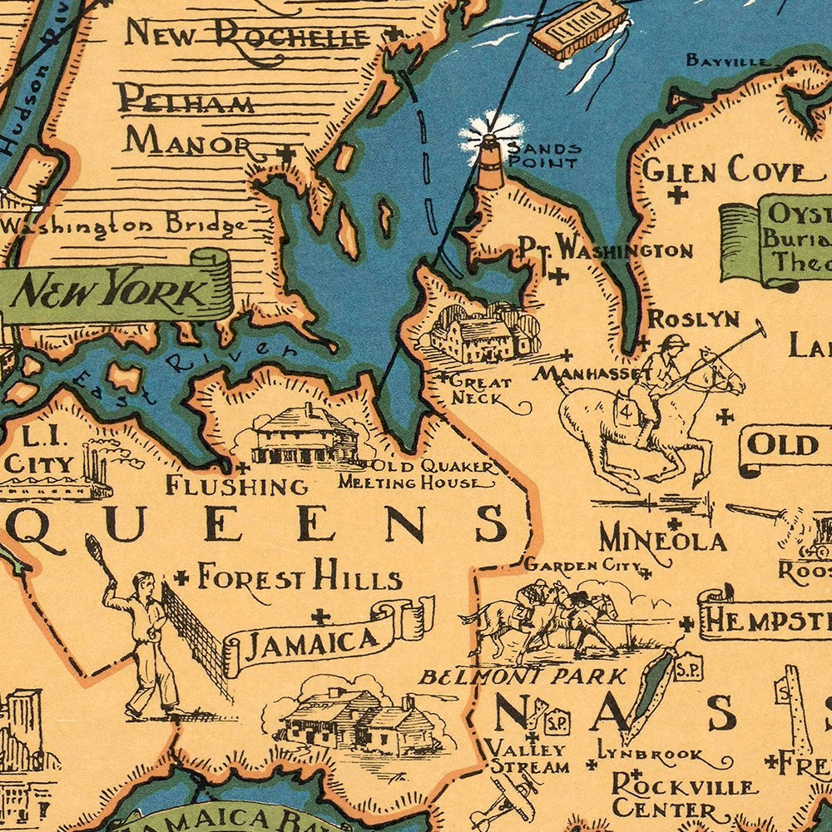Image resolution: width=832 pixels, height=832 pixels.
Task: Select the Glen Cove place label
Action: click(725, 171)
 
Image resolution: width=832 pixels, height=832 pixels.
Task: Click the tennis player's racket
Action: click(93, 550)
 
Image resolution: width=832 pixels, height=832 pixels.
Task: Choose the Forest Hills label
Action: click(299, 577)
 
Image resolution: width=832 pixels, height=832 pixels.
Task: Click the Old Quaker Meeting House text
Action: click(420, 474)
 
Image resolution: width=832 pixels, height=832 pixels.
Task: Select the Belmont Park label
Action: click(522, 676)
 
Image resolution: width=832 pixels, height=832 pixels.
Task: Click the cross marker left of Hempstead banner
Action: click(686, 623)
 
